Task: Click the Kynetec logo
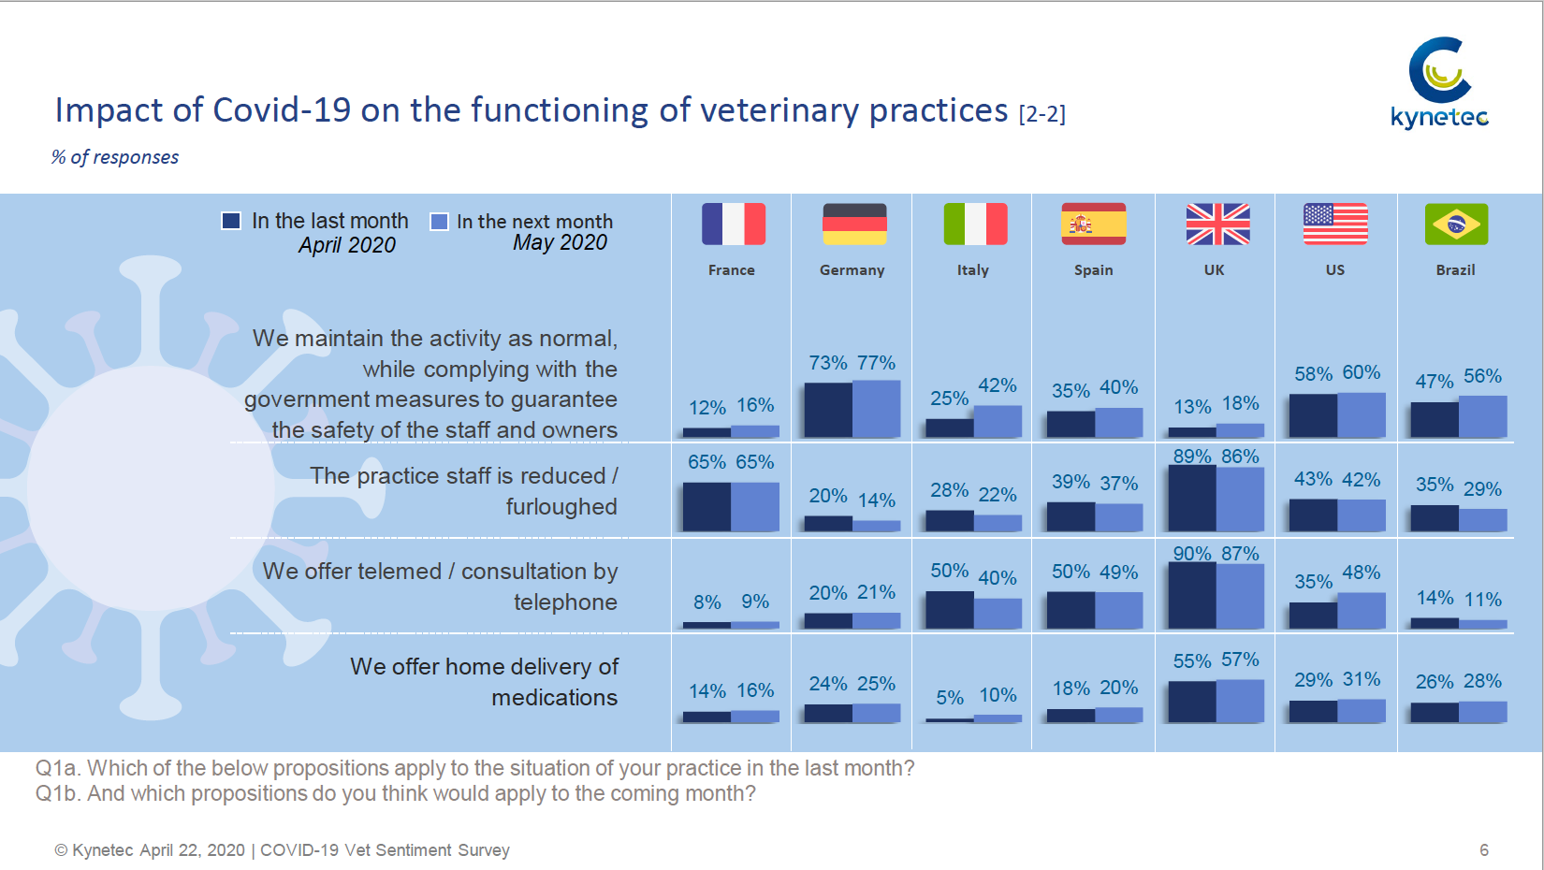coord(1439,82)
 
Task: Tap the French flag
coord(734,224)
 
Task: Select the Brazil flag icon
coord(1456,224)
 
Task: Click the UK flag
coord(1218,224)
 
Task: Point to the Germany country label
coord(852,270)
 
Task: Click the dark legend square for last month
coord(231,221)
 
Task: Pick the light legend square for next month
coord(439,222)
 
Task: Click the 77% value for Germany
coord(876,362)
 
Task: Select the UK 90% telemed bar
coord(1192,596)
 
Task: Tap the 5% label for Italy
coord(949,698)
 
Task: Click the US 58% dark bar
coord(1313,415)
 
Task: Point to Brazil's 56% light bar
coord(1482,416)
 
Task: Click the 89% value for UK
coord(1192,456)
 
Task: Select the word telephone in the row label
coord(565,602)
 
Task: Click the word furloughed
coord(561,507)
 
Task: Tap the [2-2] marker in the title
coord(1042,113)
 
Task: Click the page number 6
coord(1484,850)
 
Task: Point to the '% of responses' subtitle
coord(114,157)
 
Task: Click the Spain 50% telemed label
coord(1071,571)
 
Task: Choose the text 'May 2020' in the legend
coord(560,242)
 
